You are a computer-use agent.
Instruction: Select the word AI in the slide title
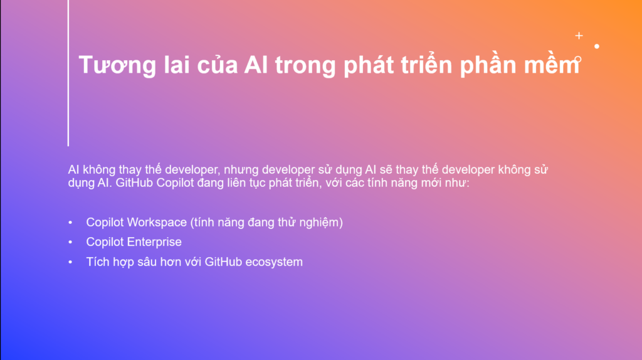pos(256,65)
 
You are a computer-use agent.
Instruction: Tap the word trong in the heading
pos(305,66)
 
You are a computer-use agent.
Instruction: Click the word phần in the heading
pos(488,65)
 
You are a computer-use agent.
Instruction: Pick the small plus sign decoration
pos(579,36)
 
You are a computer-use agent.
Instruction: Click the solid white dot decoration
pos(597,46)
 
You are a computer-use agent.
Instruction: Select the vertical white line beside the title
pos(68,73)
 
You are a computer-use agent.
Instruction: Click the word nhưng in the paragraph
pos(241,170)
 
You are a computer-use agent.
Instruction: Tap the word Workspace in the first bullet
pos(157,223)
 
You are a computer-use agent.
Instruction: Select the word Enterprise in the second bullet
pos(154,242)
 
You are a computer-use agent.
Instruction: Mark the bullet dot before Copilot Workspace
pos(70,223)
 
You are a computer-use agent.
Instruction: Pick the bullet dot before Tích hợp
pos(70,262)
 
